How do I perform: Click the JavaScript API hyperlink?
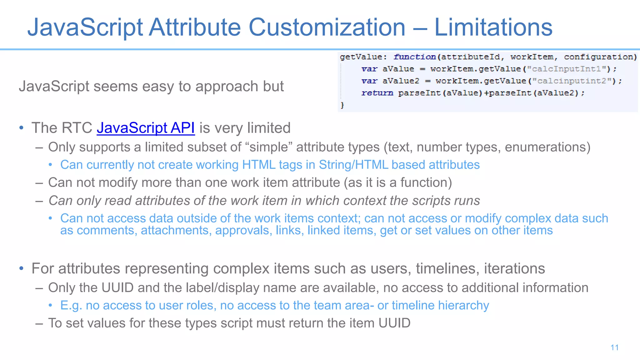tap(146, 128)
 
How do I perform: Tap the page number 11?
tap(614, 347)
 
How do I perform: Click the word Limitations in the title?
tap(493, 27)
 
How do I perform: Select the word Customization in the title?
tap(327, 27)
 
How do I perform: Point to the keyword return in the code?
tap(377, 93)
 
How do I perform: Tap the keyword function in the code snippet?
tap(415, 57)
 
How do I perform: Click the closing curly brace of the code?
tap(342, 105)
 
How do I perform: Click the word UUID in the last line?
tap(394, 323)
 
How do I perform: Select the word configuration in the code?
tap(600, 57)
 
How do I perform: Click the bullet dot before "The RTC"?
tap(21, 128)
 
